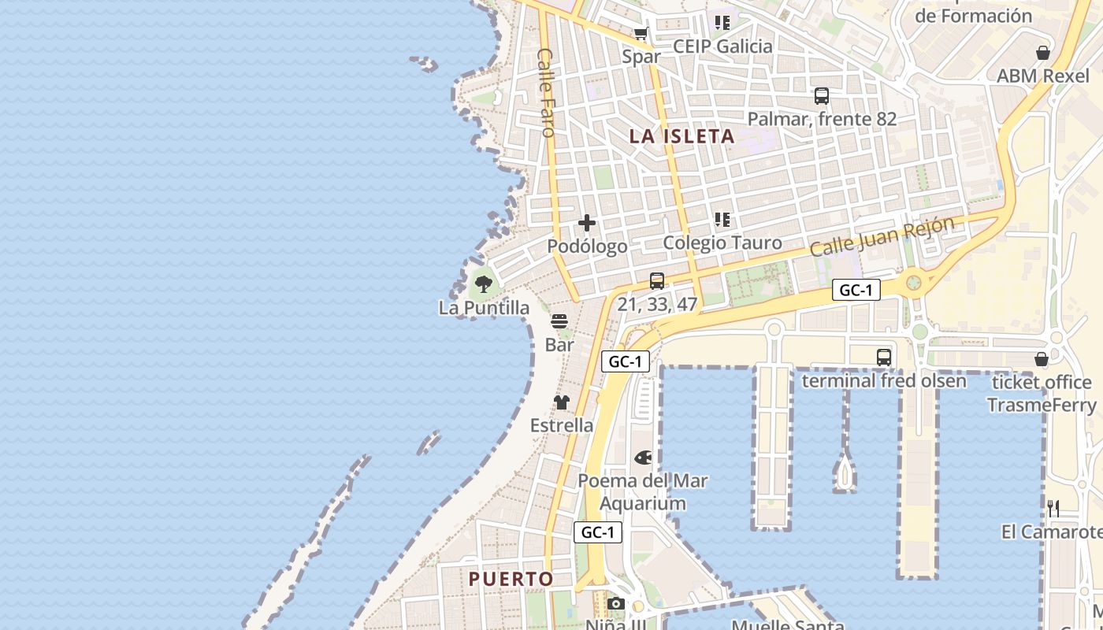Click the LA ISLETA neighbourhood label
pyautogui.click(x=681, y=136)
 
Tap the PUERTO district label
pyautogui.click(x=511, y=579)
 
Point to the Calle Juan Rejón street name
pyautogui.click(x=882, y=235)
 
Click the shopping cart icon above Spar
pyautogui.click(x=641, y=34)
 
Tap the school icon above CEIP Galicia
pyautogui.click(x=722, y=23)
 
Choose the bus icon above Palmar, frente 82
pyautogui.click(x=822, y=96)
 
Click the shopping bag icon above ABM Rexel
pyautogui.click(x=1043, y=53)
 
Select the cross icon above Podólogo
pyautogui.click(x=587, y=223)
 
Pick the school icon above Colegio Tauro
pyautogui.click(x=722, y=220)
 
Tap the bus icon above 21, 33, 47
pyautogui.click(x=657, y=280)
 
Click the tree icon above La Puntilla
pyautogui.click(x=484, y=284)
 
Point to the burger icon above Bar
pyautogui.click(x=559, y=321)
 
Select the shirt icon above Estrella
pyautogui.click(x=561, y=402)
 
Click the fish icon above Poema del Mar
pyautogui.click(x=643, y=458)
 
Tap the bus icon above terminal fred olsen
pyautogui.click(x=884, y=358)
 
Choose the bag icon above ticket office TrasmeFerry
pyautogui.click(x=1042, y=360)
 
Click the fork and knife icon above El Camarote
pyautogui.click(x=1053, y=509)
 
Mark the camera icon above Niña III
pyautogui.click(x=616, y=604)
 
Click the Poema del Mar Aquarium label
pyautogui.click(x=643, y=492)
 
